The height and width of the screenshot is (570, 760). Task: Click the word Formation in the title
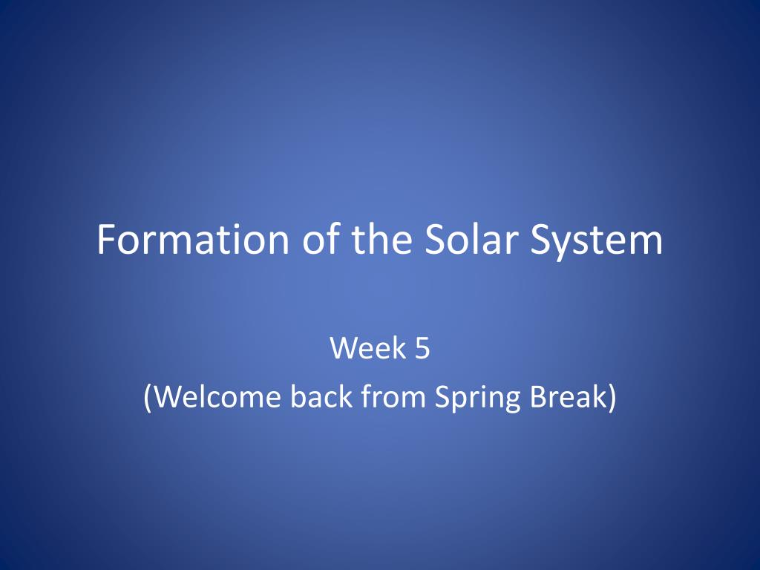pos(194,239)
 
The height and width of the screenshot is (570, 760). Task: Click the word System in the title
pos(597,242)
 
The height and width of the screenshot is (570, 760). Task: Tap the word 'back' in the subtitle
pos(321,396)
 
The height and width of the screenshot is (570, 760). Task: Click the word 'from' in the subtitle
pos(394,396)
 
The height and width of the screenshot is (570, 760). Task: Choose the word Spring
pos(477,399)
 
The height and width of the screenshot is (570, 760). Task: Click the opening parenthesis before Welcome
pos(148,398)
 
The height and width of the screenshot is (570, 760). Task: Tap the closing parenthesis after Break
pos(612,398)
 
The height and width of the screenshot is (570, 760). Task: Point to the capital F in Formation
pos(107,239)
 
